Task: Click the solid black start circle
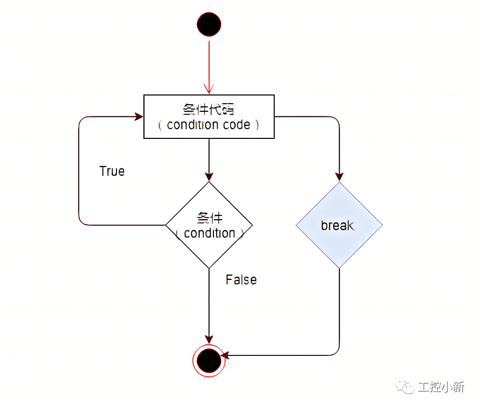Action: (x=209, y=25)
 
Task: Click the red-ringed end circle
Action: (x=209, y=361)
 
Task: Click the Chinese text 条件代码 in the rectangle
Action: (x=208, y=109)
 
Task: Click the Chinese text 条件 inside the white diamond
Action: (x=209, y=218)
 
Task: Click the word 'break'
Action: (x=338, y=225)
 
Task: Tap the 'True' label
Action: (x=112, y=171)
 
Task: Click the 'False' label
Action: (x=241, y=280)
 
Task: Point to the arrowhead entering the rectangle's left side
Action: (x=139, y=116)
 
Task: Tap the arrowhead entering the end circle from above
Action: (x=209, y=339)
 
